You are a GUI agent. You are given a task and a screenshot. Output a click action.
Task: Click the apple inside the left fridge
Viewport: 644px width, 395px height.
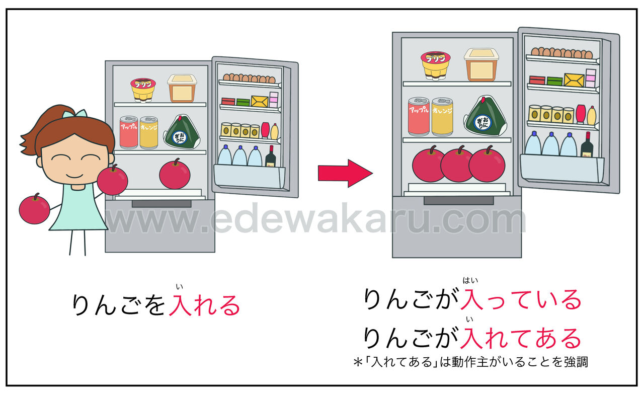pos(175,174)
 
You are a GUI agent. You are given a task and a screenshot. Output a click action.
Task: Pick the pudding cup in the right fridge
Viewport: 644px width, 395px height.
pos(435,65)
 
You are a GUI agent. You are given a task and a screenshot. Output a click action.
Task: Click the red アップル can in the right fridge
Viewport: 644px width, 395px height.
pos(418,116)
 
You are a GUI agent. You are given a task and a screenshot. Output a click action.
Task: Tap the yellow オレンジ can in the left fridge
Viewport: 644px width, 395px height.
pos(148,132)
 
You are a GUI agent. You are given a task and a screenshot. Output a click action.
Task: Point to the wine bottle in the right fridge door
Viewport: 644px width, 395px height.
pos(586,145)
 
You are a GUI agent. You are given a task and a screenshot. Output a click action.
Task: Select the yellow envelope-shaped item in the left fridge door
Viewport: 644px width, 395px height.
pos(259,101)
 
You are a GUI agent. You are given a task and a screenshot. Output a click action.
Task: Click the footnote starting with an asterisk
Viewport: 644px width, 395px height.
pos(470,362)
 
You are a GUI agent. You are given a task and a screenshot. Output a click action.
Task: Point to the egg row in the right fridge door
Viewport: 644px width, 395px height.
pos(562,53)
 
